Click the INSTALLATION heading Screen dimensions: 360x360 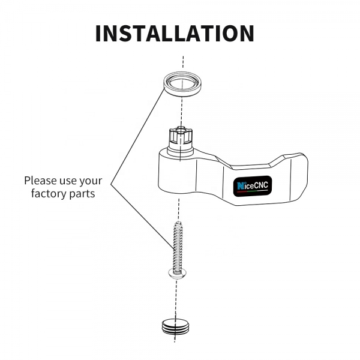coord(175,33)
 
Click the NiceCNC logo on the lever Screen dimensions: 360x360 coord(253,187)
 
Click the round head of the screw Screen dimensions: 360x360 coord(177,274)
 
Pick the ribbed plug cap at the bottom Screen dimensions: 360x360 coord(176,327)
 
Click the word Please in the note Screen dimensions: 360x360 coord(41,181)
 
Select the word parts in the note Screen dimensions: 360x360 coord(82,194)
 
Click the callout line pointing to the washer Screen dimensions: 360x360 coord(138,136)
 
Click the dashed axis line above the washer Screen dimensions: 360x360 coord(183,62)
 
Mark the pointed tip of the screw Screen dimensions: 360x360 coord(178,221)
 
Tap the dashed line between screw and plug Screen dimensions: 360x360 coord(176,298)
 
